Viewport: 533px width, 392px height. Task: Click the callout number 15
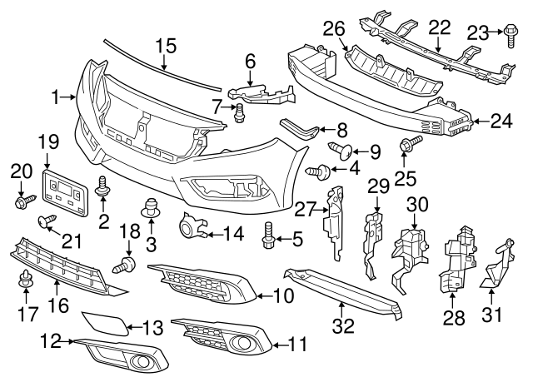pyautogui.click(x=167, y=46)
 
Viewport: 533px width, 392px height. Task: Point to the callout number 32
pyautogui.click(x=343, y=326)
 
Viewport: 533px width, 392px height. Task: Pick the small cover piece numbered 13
pyautogui.click(x=105, y=324)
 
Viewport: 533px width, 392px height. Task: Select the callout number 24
pyautogui.click(x=501, y=122)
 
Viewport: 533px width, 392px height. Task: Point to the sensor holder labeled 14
pyautogui.click(x=192, y=225)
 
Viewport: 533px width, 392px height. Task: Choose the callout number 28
pyautogui.click(x=454, y=318)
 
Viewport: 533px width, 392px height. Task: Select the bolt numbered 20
pyautogui.click(x=24, y=201)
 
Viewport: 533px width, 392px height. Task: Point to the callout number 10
pyautogui.click(x=283, y=295)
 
